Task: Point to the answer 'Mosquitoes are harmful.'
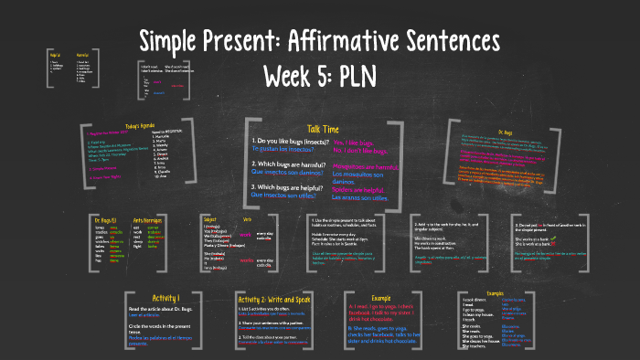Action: [x=367, y=166]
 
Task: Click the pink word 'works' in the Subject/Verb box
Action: [x=246, y=260]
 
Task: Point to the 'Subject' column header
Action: [x=210, y=218]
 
